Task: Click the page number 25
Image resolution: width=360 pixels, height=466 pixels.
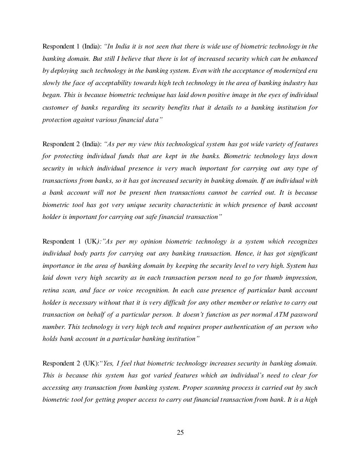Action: tap(180, 433)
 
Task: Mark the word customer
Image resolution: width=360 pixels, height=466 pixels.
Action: tap(55, 107)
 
